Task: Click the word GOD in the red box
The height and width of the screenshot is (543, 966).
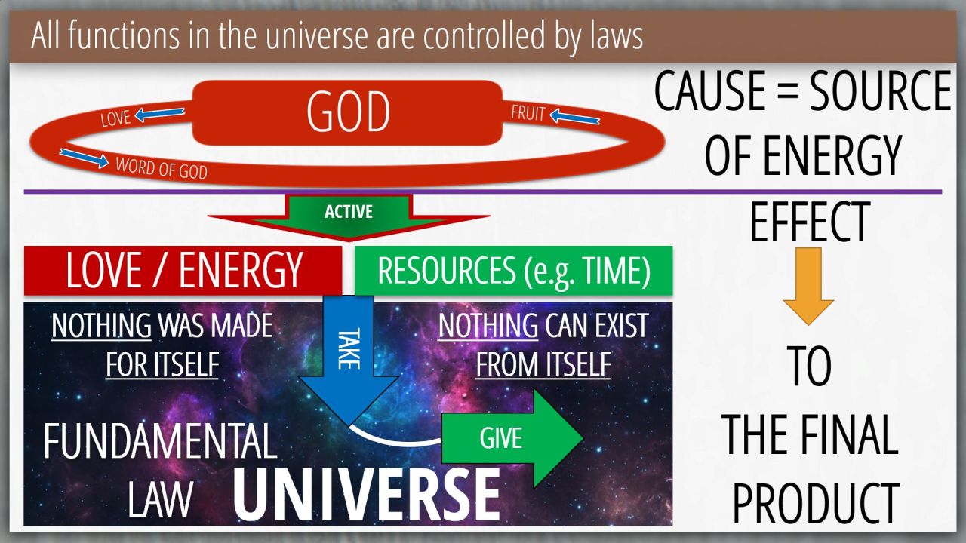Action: click(x=349, y=112)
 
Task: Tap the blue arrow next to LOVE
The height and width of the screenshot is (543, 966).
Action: click(x=159, y=114)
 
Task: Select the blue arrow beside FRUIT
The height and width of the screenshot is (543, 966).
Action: click(x=574, y=116)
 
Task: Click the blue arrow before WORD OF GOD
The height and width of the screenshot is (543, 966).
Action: click(x=84, y=158)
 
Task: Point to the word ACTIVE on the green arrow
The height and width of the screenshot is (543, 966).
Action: click(x=349, y=212)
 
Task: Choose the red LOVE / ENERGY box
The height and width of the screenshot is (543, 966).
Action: click(x=183, y=271)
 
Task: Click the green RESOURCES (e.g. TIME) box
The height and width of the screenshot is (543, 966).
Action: click(x=513, y=271)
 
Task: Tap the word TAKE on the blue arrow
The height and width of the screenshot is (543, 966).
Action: click(x=349, y=348)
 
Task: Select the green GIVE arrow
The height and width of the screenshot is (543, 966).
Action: click(x=512, y=438)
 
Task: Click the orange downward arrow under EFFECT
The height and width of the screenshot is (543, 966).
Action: click(x=808, y=286)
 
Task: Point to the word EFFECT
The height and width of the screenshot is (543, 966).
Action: click(x=810, y=222)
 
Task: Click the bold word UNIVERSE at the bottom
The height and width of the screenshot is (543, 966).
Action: click(x=367, y=495)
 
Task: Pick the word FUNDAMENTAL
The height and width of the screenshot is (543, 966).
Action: click(x=160, y=441)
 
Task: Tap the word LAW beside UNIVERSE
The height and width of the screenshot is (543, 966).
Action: click(x=160, y=499)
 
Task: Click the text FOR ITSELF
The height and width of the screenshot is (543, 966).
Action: click(x=162, y=364)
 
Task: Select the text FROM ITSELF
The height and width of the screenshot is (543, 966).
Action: click(x=543, y=364)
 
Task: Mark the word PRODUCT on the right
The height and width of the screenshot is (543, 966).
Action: click(x=816, y=503)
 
